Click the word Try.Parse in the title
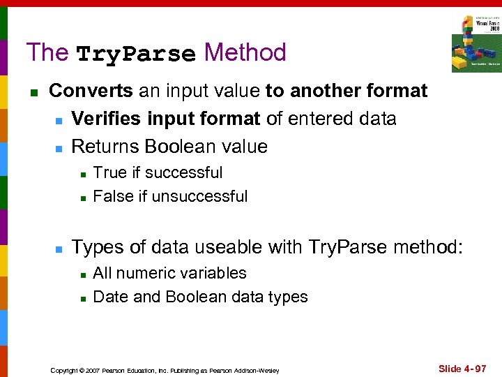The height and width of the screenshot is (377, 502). tap(135, 54)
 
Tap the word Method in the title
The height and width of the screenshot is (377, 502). tap(245, 52)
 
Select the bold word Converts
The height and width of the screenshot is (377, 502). tap(91, 91)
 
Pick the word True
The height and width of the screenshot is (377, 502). tap(109, 172)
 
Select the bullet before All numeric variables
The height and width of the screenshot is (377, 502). tap(82, 274)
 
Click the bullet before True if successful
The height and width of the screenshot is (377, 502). tap(82, 173)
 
